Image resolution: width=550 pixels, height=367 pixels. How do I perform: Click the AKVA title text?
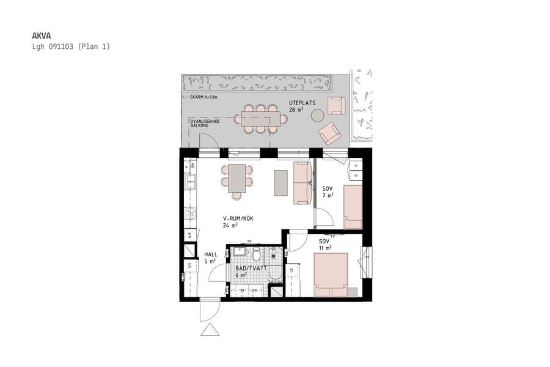pos(40,35)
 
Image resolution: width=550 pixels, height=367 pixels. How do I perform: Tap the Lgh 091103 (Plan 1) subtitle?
pos(70,46)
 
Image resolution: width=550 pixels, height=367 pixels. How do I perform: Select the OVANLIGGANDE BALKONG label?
pos(207,123)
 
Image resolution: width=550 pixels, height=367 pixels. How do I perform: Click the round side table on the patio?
pos(318,115)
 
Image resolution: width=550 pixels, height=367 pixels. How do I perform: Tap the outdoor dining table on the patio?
pos(261,120)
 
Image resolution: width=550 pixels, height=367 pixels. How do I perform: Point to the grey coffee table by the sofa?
pos(280,182)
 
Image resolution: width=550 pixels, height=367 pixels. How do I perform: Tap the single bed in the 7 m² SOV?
pos(353,207)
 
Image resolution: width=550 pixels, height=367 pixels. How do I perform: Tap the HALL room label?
pos(211,254)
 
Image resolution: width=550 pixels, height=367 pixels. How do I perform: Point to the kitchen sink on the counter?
pos(191,180)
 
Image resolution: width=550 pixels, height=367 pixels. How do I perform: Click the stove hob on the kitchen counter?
pos(189,213)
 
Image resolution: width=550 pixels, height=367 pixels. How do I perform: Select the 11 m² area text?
pos(325,248)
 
